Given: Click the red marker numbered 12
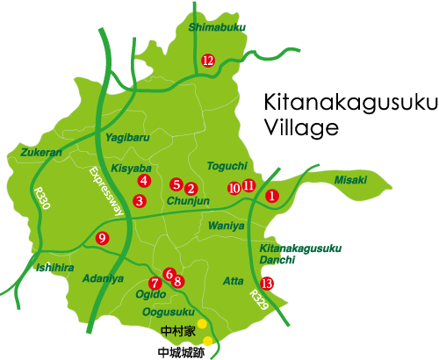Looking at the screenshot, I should [208, 61].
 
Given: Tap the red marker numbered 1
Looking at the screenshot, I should [272, 196].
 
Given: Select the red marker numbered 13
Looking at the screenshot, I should [268, 283].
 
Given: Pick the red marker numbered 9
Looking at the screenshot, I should [103, 238].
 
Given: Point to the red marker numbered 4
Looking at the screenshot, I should [143, 180].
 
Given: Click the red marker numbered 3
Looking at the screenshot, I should [139, 201].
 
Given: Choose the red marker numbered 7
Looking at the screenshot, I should [155, 283].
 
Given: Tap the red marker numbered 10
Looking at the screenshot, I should [234, 188].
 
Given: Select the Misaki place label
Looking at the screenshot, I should [350, 179].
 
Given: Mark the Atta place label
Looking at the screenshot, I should [234, 280].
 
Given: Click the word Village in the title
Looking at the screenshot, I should [301, 127].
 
